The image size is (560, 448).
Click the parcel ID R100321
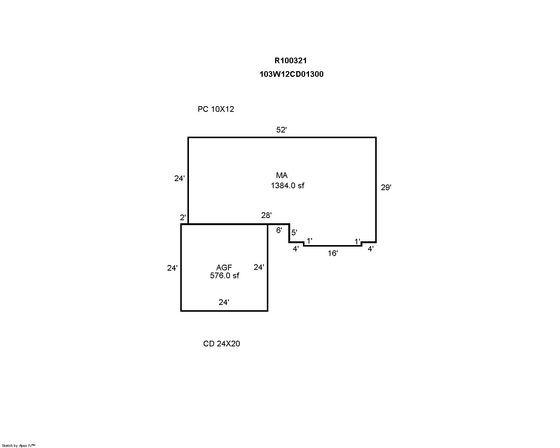coord(291,61)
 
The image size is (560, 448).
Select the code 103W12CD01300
coord(291,74)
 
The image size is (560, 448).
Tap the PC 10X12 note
coord(216,109)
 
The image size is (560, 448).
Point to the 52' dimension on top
coord(281,130)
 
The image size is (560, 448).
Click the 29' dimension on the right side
coord(386,187)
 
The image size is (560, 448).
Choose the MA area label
coord(282,175)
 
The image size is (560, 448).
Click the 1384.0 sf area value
coord(288,186)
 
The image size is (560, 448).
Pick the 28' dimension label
coord(266,215)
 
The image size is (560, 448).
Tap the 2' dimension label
coord(183,217)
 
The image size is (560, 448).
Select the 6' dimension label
coord(279,230)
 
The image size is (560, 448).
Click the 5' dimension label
coord(294,232)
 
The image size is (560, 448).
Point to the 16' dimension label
coord(333,253)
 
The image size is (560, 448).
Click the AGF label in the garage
coord(224,267)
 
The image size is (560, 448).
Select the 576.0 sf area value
coord(225,276)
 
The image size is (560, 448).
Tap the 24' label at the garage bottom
coord(224,302)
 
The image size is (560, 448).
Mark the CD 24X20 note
coord(221,344)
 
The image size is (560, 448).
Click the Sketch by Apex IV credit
coord(18,445)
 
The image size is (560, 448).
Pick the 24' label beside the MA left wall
coord(179,178)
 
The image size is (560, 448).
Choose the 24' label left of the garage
coord(172,268)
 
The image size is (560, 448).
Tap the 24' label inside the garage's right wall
coord(259,267)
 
